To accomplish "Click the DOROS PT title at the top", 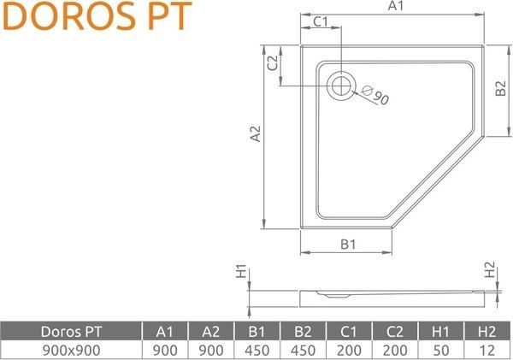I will (96, 17).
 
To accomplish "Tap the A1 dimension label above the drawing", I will (395, 7).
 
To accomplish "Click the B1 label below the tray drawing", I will (347, 245).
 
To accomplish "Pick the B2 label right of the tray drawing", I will (501, 89).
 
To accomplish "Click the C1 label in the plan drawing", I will (321, 22).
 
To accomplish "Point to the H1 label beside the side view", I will (241, 272).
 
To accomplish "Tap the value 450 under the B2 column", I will (303, 350).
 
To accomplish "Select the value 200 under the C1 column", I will (349, 350).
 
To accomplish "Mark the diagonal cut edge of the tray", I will (438, 183).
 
